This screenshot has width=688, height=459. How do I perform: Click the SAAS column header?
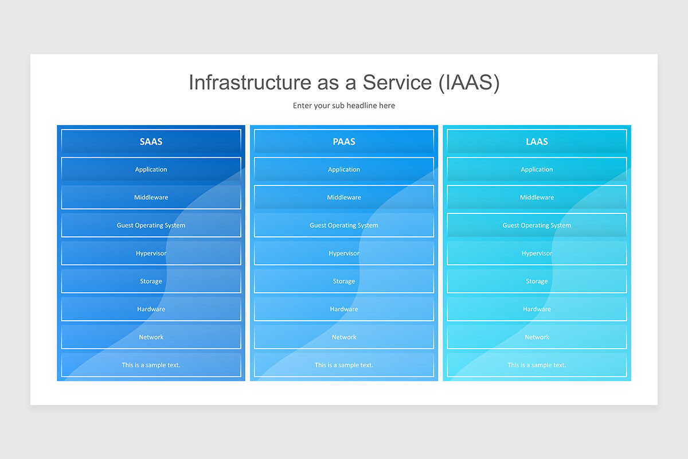tap(151, 141)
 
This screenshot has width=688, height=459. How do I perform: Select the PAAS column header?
tap(344, 141)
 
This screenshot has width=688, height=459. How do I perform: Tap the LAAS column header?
tap(537, 141)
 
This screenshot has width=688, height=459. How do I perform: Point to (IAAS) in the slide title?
tap(469, 83)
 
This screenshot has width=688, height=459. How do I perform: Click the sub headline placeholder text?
tap(344, 106)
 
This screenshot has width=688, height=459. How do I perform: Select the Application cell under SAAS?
tap(151, 169)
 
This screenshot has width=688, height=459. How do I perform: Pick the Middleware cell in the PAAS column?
tap(344, 197)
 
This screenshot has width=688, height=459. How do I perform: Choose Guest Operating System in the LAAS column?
tap(537, 225)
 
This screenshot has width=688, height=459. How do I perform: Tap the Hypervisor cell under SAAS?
tap(151, 253)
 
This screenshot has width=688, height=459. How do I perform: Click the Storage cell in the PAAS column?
tap(344, 281)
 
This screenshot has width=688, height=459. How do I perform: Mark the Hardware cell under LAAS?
tap(537, 309)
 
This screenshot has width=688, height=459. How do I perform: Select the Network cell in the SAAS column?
tap(151, 337)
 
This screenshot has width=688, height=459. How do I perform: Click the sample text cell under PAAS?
tap(344, 365)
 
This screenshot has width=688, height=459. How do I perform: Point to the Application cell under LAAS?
tap(537, 169)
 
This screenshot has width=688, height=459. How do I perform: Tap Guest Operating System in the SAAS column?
tap(151, 225)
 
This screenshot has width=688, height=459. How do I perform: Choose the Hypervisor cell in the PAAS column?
tap(344, 253)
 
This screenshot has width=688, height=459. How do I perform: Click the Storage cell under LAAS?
tap(537, 281)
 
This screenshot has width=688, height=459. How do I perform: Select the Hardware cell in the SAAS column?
tap(151, 309)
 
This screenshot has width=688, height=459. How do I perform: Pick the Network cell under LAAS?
tap(537, 337)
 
